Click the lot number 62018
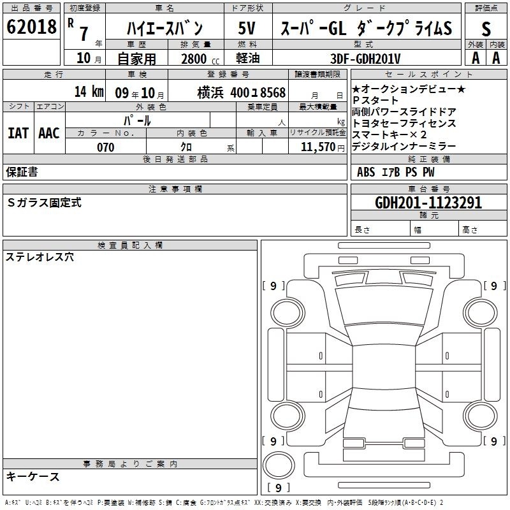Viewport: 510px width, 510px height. (x=31, y=27)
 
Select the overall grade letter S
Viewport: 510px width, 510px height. (x=486, y=29)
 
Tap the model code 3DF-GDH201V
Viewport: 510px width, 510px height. (x=365, y=59)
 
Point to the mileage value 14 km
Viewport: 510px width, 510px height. (x=89, y=91)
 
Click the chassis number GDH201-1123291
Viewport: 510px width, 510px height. (x=428, y=202)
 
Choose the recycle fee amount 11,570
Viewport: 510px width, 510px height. (x=317, y=147)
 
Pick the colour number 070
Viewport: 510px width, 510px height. (x=106, y=147)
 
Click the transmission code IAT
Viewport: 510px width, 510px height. (x=18, y=133)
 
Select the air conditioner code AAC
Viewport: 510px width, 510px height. (x=49, y=133)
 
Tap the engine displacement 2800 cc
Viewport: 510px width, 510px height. (x=200, y=59)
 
